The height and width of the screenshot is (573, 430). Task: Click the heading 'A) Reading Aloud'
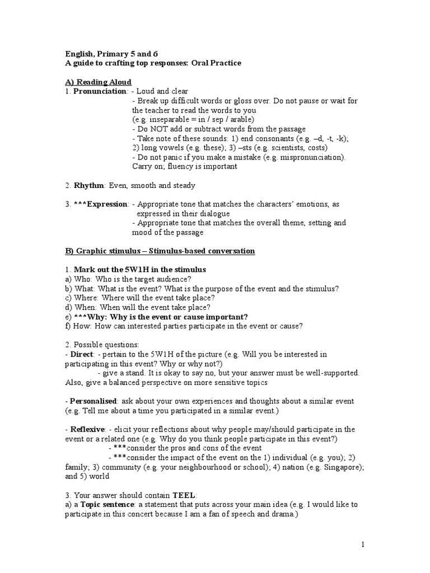[98, 82]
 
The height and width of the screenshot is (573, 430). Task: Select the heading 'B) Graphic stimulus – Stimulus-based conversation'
[160, 251]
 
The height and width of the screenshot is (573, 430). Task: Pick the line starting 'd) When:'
[138, 308]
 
